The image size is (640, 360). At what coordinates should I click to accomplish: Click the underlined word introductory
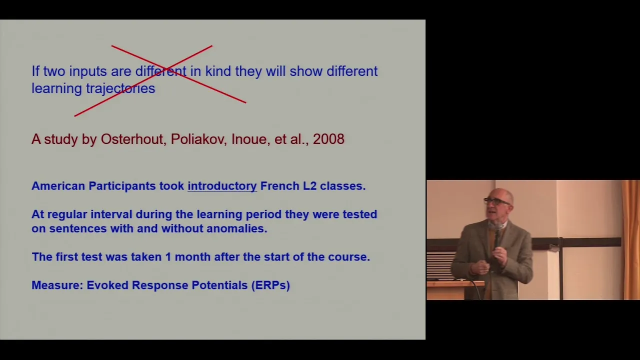click(222, 186)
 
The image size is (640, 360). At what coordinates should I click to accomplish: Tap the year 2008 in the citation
click(328, 139)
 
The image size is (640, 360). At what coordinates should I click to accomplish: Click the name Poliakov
click(199, 139)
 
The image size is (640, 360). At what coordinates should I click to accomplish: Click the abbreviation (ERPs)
click(270, 285)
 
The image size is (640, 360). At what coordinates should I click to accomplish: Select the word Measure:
click(57, 285)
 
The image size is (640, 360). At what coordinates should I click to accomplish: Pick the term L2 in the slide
click(309, 186)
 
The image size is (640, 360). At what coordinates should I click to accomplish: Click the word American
click(58, 186)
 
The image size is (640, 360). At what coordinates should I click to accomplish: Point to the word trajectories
click(120, 88)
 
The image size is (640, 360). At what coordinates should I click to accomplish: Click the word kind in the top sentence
click(218, 71)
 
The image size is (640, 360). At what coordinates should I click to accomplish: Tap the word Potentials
click(219, 285)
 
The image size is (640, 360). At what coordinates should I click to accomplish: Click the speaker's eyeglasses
click(496, 201)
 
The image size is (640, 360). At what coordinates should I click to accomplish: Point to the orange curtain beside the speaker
click(631, 239)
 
